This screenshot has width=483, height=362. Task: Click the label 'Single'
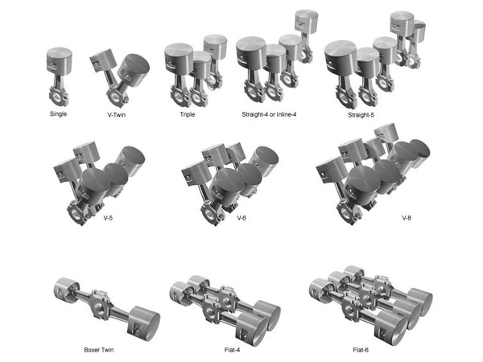point(57,113)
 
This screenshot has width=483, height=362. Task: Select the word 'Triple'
point(188,114)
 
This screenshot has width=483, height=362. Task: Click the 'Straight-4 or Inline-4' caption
point(270,114)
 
